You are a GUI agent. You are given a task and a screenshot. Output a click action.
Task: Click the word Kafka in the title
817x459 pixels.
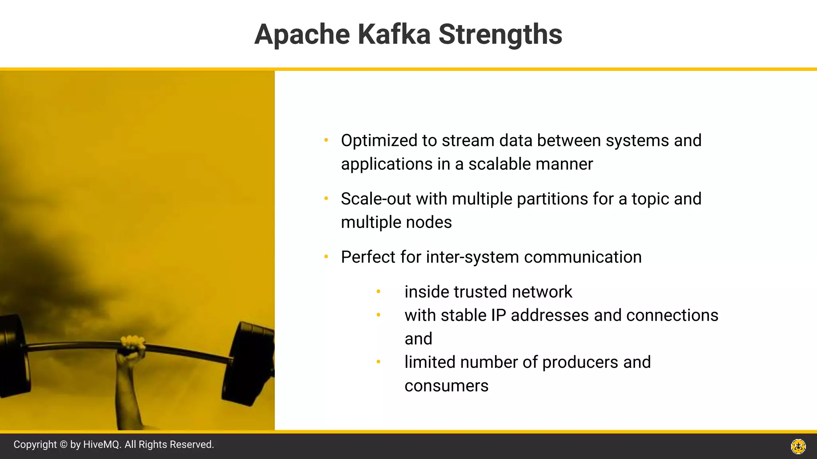click(394, 34)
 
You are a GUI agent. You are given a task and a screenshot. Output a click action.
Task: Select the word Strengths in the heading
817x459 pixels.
click(500, 34)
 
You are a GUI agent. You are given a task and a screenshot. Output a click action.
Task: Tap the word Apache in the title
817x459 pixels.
click(302, 34)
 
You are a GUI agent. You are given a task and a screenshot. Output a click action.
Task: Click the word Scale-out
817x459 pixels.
click(375, 199)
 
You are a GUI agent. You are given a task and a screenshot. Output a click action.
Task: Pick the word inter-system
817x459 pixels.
click(472, 257)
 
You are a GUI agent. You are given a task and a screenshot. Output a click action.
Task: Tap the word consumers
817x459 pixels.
click(446, 386)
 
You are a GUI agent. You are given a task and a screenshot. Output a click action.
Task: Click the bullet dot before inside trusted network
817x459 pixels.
click(378, 292)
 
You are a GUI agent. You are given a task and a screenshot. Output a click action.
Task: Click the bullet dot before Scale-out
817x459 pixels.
click(326, 198)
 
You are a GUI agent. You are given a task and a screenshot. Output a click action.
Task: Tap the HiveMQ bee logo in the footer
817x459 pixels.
click(798, 446)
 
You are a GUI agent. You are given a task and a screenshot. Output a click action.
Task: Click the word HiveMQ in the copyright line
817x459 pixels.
click(102, 445)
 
